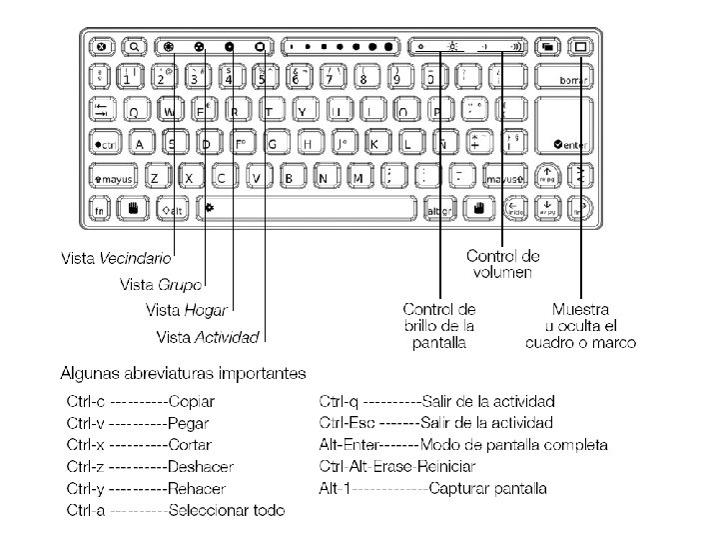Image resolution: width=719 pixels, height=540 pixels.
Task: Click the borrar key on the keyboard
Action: tap(566, 78)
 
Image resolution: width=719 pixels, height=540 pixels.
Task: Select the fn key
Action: tap(100, 210)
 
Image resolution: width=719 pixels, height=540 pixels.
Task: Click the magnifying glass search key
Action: tap(134, 46)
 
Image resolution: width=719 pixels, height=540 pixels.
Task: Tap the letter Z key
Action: tap(155, 178)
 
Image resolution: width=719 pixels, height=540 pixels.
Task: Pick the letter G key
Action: tap(273, 144)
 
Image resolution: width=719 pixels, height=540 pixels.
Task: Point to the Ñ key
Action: tap(441, 144)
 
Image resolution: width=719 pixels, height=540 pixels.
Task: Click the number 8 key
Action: tap(363, 78)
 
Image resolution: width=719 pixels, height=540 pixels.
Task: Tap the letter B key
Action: tap(290, 178)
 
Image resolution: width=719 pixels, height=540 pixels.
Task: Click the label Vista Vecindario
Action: tap(115, 259)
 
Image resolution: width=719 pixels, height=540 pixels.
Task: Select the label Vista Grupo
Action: tap(160, 285)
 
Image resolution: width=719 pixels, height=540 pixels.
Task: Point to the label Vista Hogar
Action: tap(186, 311)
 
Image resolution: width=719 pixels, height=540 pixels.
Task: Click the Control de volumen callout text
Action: tap(503, 264)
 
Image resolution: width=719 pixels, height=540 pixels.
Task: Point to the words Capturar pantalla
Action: tap(490, 489)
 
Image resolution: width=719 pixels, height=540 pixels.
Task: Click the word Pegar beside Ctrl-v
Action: tap(190, 423)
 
